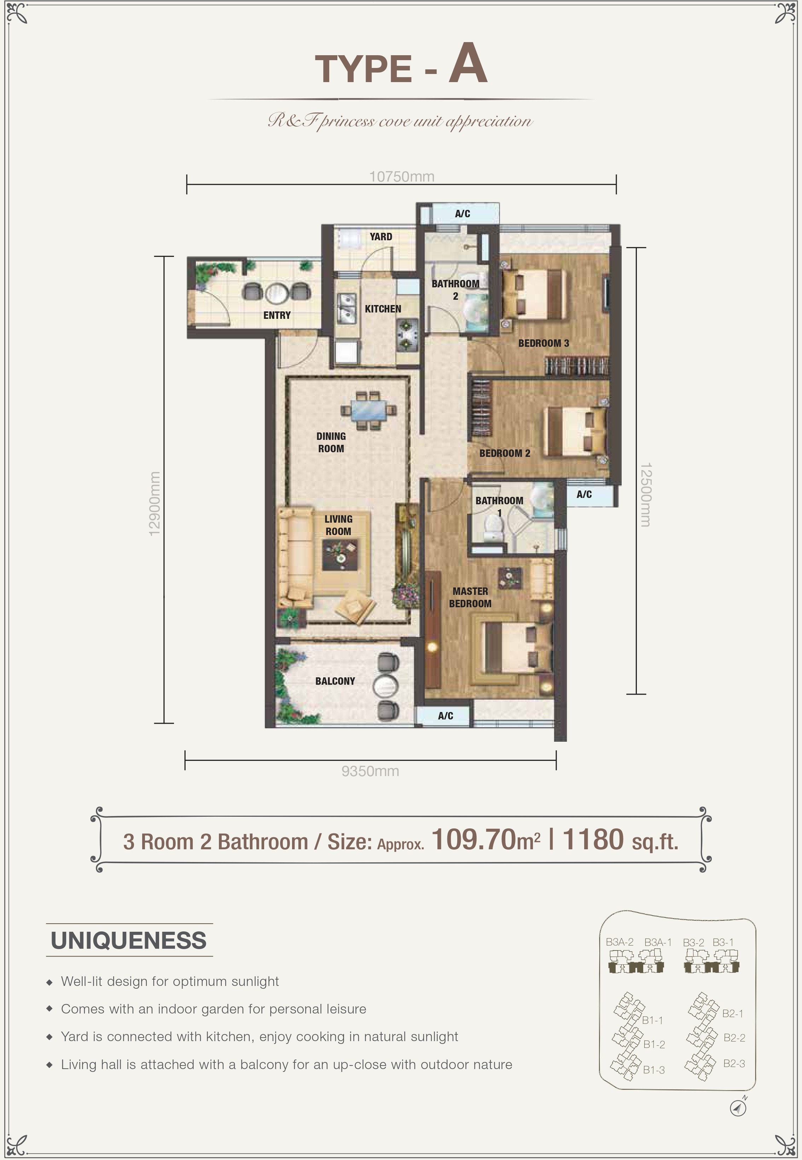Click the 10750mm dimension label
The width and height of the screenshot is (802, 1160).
click(x=401, y=177)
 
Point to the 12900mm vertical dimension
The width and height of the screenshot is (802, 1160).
click(x=154, y=503)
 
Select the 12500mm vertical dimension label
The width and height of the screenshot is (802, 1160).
click(x=646, y=494)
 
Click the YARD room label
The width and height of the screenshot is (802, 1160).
click(x=381, y=236)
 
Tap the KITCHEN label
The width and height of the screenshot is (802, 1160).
click(x=383, y=309)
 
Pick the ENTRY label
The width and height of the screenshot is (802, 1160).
click(x=277, y=315)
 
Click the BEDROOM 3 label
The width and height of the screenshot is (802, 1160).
click(x=544, y=343)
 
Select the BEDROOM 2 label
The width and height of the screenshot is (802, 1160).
click(x=505, y=453)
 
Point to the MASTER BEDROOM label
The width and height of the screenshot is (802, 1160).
click(x=470, y=597)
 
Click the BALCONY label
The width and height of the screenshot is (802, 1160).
click(x=335, y=681)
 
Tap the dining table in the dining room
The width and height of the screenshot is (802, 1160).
click(x=368, y=410)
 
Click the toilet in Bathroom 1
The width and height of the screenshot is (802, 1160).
click(x=493, y=530)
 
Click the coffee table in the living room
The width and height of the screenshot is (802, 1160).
click(x=340, y=555)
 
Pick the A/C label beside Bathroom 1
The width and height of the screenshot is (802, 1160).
click(x=584, y=494)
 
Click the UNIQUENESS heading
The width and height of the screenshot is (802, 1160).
click(x=129, y=940)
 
